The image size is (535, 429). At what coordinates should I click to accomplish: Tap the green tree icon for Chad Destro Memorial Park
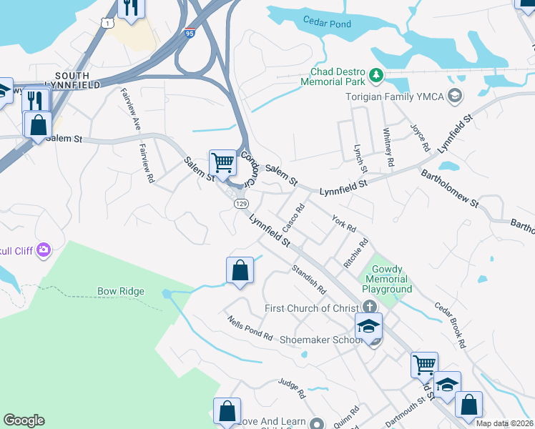376,74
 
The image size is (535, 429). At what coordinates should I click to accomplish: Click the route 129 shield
240,204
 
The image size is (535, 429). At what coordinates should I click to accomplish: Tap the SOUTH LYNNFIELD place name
62,80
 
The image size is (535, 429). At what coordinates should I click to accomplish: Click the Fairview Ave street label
132,109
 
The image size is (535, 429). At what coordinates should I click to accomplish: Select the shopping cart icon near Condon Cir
222,163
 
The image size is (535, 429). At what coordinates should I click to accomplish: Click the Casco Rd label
294,217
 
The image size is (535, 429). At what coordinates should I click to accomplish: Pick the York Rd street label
344,224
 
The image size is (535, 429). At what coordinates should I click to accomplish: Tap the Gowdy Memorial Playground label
386,279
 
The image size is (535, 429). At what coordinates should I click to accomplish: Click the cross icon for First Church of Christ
369,307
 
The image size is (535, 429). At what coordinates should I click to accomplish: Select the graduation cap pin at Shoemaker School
368,326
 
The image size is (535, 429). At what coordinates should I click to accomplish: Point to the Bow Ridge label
121,292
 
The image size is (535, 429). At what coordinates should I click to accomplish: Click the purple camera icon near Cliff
43,250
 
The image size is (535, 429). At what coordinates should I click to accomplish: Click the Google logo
24,420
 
